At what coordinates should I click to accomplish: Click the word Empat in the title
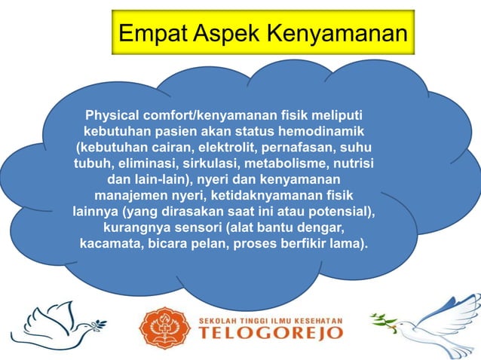click(151, 33)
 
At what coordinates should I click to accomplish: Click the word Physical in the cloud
click(117, 117)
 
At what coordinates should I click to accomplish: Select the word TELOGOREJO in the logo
click(270, 334)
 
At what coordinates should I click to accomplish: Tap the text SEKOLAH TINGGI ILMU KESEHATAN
click(270, 319)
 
